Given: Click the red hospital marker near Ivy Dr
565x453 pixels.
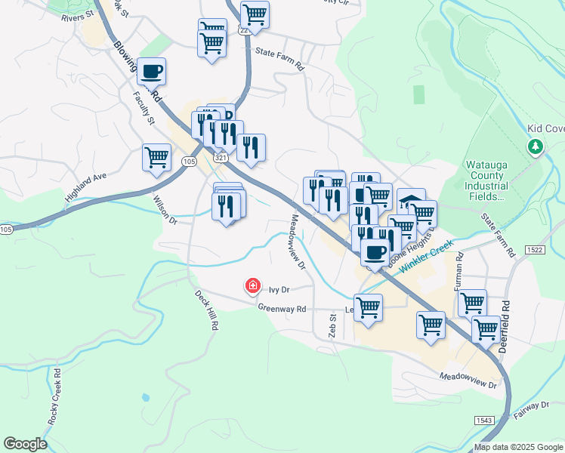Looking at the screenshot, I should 252,286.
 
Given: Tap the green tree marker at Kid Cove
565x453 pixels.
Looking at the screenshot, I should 536,146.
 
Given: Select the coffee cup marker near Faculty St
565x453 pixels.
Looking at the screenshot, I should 152,71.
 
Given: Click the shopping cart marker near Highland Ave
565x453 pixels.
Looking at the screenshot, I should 156,158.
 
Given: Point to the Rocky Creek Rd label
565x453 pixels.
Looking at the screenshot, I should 54,399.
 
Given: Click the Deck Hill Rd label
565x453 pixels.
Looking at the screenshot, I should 206,310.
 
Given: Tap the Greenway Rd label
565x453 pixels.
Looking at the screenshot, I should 282,308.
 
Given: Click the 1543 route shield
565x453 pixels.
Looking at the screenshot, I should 485,420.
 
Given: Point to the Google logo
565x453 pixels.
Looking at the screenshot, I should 25,444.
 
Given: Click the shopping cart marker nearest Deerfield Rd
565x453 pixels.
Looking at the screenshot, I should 486,329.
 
